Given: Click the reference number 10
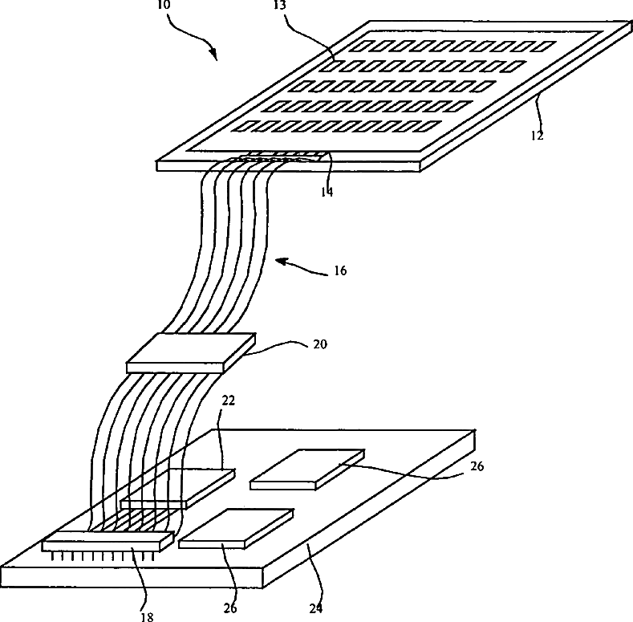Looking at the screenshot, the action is pyautogui.click(x=164, y=5).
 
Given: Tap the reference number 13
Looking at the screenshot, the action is pyautogui.click(x=280, y=5).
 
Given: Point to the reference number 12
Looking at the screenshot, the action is pyautogui.click(x=537, y=136).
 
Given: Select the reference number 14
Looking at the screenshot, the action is pyautogui.click(x=327, y=193).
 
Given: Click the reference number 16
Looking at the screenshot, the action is pyautogui.click(x=340, y=270).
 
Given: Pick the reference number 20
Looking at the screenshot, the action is pyautogui.click(x=320, y=344).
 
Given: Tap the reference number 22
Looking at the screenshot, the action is pyautogui.click(x=228, y=400).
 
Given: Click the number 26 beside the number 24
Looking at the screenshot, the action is pyautogui.click(x=230, y=608).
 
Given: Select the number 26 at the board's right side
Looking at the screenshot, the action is pyautogui.click(x=477, y=466).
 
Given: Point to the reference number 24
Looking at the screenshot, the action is pyautogui.click(x=316, y=608).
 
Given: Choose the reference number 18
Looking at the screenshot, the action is pyautogui.click(x=148, y=616).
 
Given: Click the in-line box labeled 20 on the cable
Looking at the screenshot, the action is pyautogui.click(x=191, y=352).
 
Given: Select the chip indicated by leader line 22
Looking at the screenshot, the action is pyautogui.click(x=177, y=489).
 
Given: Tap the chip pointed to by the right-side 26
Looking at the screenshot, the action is pyautogui.click(x=307, y=470).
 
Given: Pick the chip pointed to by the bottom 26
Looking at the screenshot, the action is pyautogui.click(x=236, y=528).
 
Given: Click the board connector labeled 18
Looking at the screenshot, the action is pyautogui.click(x=108, y=541).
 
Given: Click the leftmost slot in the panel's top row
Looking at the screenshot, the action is pyautogui.click(x=359, y=47).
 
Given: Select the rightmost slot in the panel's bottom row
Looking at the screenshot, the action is pyautogui.click(x=428, y=126).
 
